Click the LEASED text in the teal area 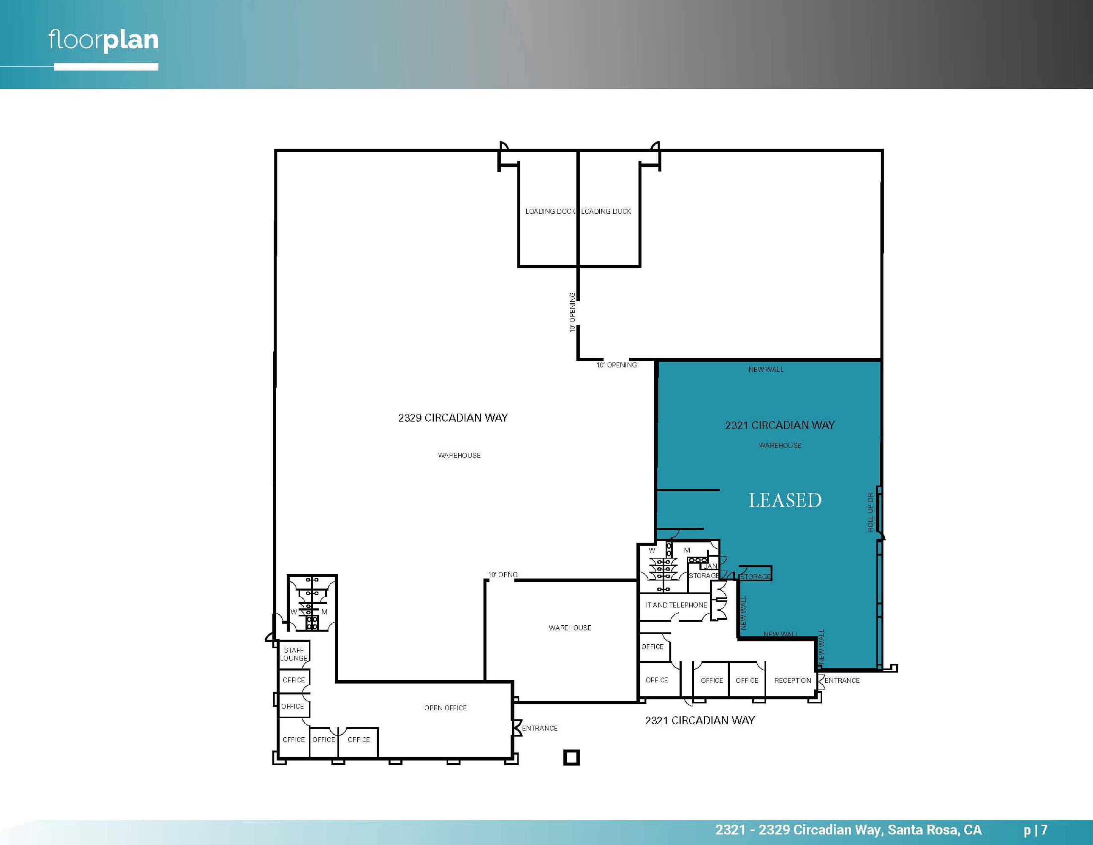coord(785,500)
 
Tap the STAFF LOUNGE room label coord(294,654)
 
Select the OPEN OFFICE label coord(446,708)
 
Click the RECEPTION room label coord(793,680)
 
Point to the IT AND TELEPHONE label coord(676,605)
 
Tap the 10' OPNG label coord(503,575)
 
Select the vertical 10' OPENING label coord(572,312)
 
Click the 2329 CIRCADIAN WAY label coord(453,417)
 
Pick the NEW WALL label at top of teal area coord(766,369)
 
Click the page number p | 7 coord(1036,830)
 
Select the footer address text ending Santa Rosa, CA coord(848,830)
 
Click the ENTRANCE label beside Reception coord(842,680)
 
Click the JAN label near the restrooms coord(711,566)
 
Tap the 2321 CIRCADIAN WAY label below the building coord(700,720)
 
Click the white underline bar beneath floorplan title coord(106,67)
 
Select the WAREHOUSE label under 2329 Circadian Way coord(459,455)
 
